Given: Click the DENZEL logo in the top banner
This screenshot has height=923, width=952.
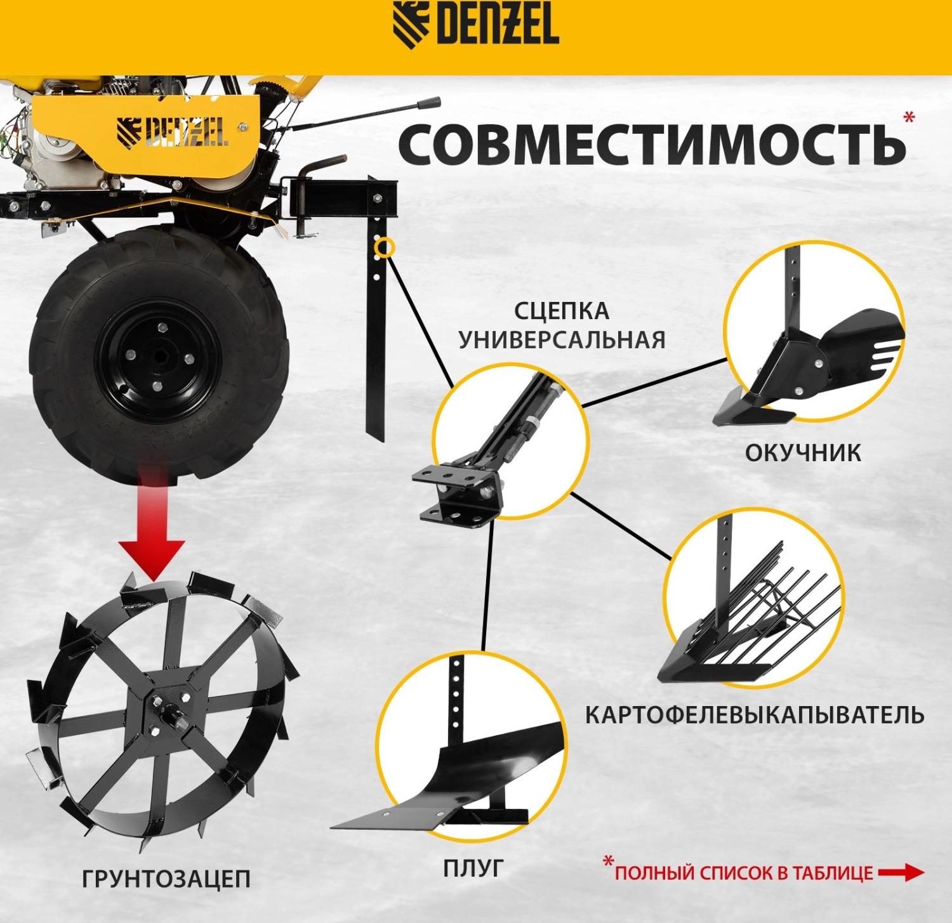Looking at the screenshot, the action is [x=475, y=23].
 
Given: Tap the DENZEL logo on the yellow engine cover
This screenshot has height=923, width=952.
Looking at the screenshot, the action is [x=171, y=131].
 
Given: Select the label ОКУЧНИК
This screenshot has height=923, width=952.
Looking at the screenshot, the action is [x=803, y=453].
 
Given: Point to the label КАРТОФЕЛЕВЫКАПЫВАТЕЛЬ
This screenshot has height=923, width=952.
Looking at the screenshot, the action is [x=754, y=715].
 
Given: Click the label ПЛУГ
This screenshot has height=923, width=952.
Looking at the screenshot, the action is [x=473, y=868].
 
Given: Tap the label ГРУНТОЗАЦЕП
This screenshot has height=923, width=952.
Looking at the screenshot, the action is [x=166, y=879].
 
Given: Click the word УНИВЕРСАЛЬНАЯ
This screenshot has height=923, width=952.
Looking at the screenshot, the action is [x=562, y=340].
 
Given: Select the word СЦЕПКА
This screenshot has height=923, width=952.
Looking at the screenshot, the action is [x=561, y=311].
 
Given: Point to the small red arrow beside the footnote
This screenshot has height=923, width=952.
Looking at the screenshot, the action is [x=901, y=873].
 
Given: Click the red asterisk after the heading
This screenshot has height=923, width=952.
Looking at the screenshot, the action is [x=909, y=117].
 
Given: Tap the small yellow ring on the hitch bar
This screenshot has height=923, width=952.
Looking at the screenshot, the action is [x=384, y=247].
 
